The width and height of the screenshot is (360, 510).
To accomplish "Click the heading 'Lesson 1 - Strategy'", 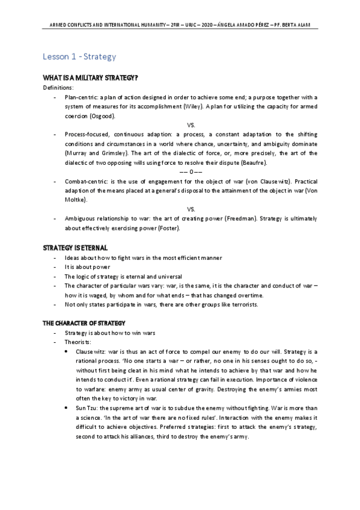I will pos(78,57).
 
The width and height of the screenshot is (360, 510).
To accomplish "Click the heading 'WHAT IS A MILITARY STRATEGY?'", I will pos(90,78).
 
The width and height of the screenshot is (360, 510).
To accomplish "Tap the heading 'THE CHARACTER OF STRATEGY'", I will pos(84,323).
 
